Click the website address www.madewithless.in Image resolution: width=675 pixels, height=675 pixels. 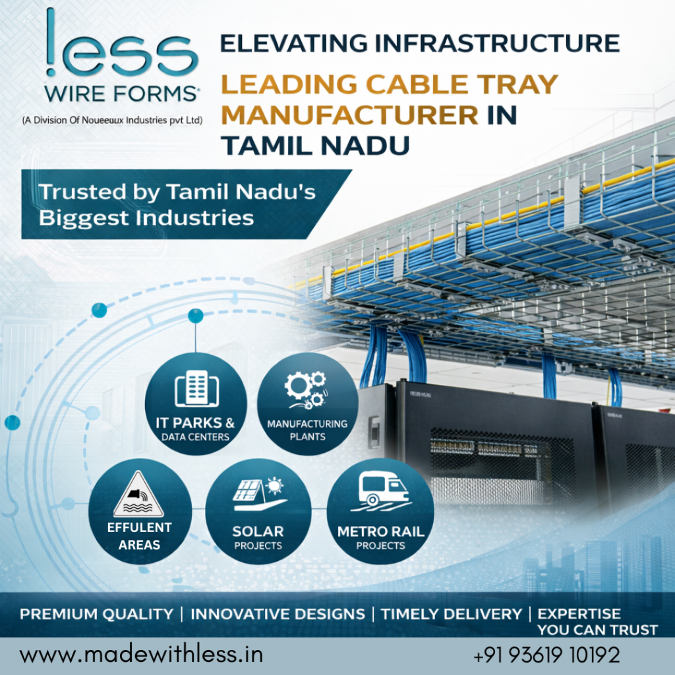click(x=141, y=655)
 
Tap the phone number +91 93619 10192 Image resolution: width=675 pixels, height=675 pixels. click(x=546, y=655)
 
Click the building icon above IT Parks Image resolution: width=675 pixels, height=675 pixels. click(x=196, y=388)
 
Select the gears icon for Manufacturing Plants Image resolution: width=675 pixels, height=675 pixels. click(x=306, y=390)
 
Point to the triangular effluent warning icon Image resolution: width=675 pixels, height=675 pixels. click(x=138, y=494)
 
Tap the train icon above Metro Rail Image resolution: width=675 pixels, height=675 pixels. click(x=382, y=490)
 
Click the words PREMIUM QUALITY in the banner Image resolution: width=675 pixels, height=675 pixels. click(x=96, y=614)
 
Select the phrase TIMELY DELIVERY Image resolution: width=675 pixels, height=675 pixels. click(x=451, y=614)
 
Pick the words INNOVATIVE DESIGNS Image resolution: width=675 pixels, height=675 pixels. click(x=278, y=614)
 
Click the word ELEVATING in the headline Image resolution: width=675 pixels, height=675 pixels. click(x=294, y=44)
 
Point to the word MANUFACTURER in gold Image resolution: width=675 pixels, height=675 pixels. click(x=349, y=115)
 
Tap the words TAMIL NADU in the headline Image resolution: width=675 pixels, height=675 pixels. click(x=315, y=146)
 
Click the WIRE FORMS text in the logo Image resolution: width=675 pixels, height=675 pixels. click(x=121, y=94)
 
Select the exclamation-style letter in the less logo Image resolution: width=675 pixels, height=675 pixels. click(x=51, y=42)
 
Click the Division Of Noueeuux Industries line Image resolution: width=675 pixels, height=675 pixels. click(x=112, y=120)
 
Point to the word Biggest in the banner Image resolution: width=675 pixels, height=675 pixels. click(x=84, y=218)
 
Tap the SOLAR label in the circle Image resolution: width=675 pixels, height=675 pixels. click(x=258, y=531)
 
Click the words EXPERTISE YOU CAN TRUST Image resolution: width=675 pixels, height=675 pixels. click(x=597, y=622)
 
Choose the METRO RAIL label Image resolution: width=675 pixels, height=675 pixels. click(x=380, y=532)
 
